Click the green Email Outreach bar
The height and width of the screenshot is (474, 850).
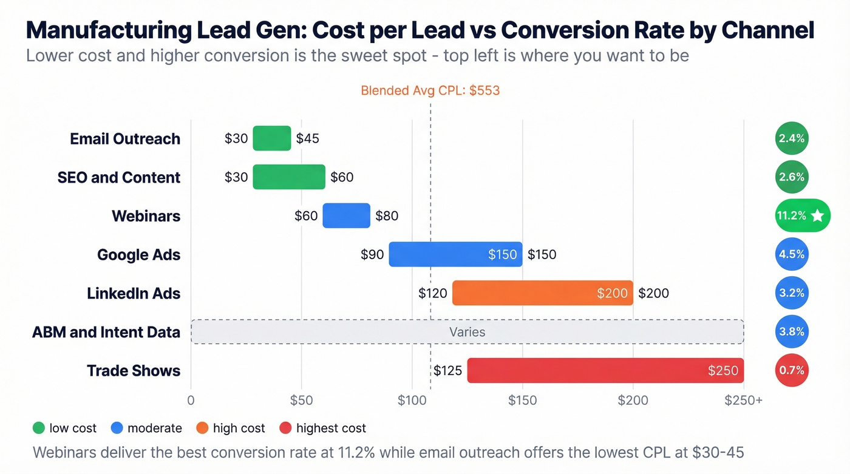click(x=272, y=138)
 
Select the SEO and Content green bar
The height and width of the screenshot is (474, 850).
click(x=289, y=177)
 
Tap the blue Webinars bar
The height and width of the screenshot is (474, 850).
click(x=346, y=215)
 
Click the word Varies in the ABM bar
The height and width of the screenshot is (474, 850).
click(x=467, y=332)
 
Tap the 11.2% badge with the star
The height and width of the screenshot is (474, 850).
click(x=802, y=215)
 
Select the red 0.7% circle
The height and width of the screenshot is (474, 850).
click(x=792, y=370)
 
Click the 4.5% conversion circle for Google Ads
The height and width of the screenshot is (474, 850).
click(x=792, y=254)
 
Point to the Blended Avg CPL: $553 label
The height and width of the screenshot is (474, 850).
click(x=430, y=91)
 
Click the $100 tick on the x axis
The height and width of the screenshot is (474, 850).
click(x=412, y=401)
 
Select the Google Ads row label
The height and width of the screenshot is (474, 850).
click(x=138, y=255)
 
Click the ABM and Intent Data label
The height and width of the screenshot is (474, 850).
click(x=106, y=333)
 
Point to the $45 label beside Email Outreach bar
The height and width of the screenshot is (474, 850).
click(x=307, y=138)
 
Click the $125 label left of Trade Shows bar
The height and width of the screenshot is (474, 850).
click(x=447, y=370)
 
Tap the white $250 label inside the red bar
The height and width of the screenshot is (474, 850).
click(x=722, y=370)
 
